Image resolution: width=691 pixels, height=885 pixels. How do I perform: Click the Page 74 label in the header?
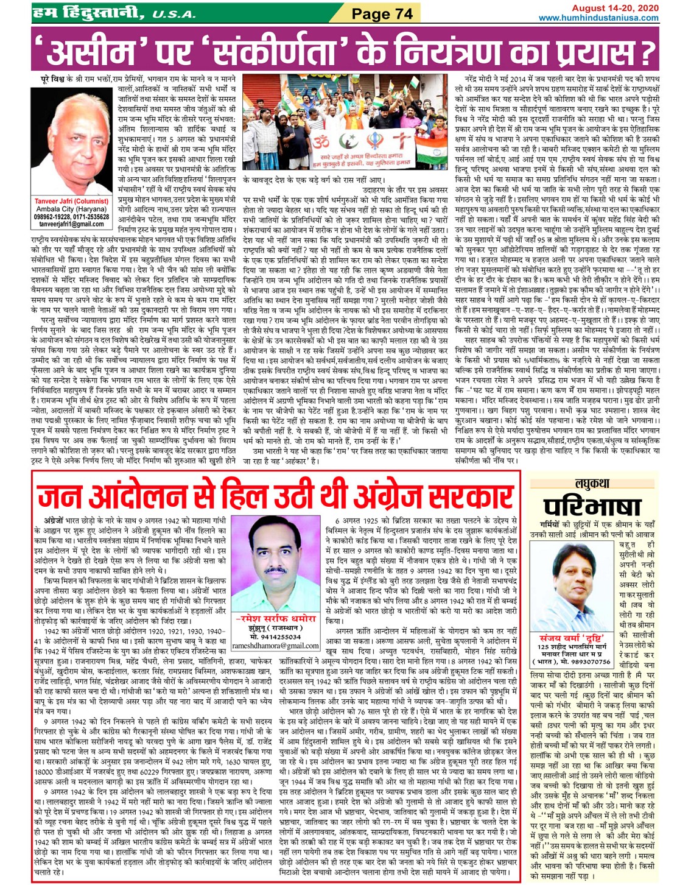click(382, 13)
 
